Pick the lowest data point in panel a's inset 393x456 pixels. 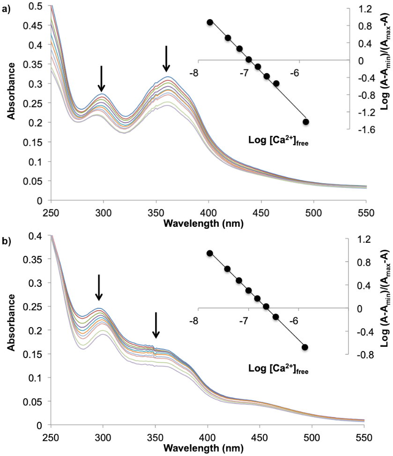(x=306, y=122)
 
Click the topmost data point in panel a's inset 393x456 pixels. (x=210, y=22)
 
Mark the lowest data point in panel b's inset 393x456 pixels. (x=305, y=360)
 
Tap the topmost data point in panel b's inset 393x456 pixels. (x=210, y=253)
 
